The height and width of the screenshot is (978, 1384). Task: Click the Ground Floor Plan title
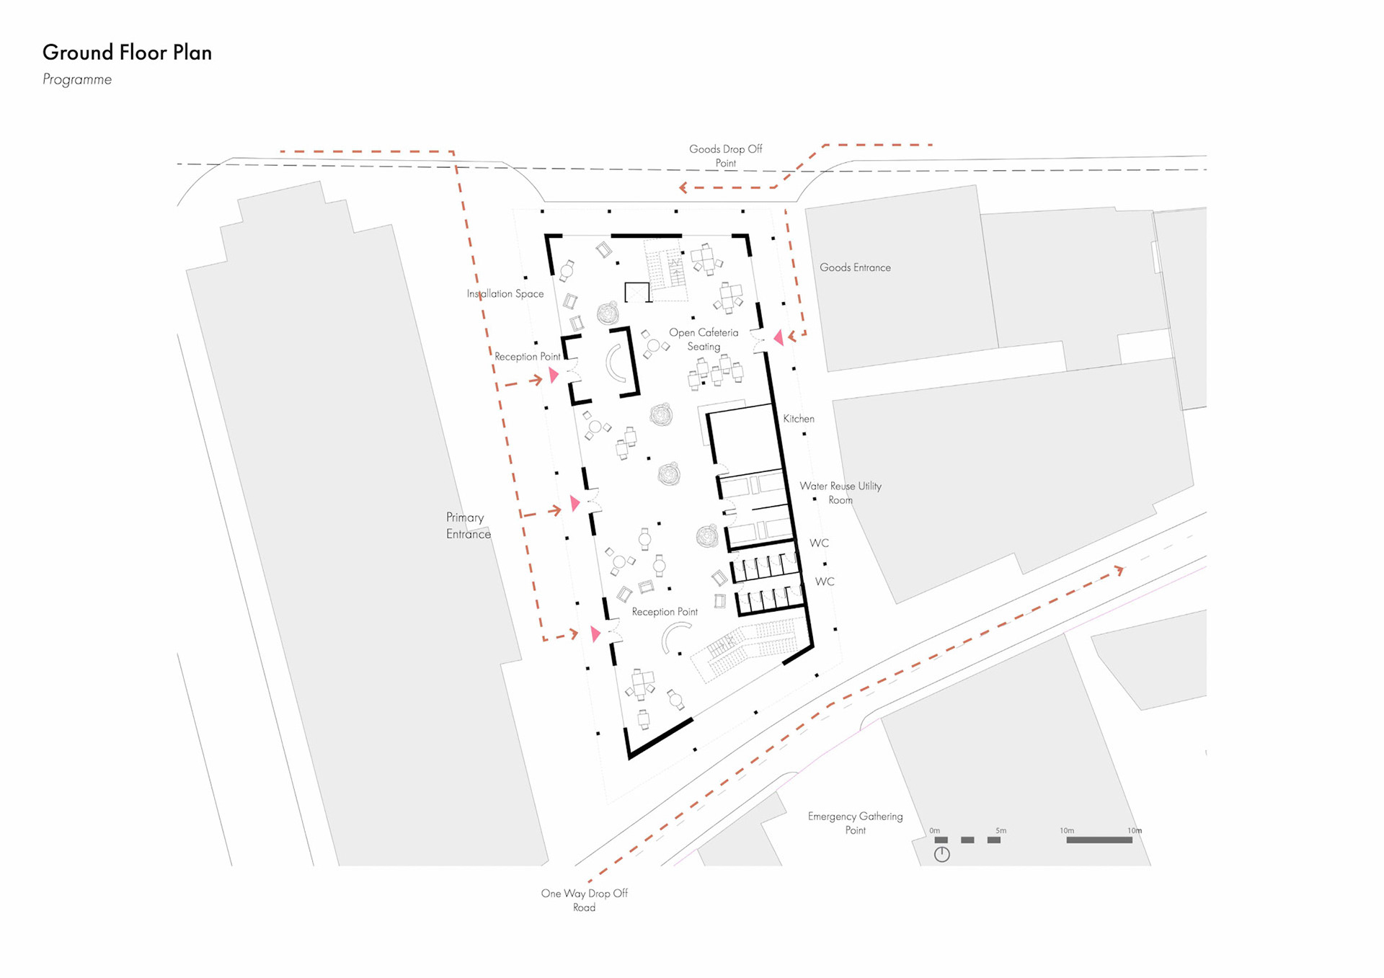pos(127,53)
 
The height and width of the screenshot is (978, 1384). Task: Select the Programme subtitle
pos(77,79)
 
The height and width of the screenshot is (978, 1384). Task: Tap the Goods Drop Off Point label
pos(725,156)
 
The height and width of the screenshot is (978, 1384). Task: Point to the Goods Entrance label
pos(855,267)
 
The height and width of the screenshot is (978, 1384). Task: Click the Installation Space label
pos(505,293)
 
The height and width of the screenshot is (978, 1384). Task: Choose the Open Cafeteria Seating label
pos(704,339)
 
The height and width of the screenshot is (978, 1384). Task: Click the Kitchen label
pos(799,419)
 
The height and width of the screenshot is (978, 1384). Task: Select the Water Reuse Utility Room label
pos(840,493)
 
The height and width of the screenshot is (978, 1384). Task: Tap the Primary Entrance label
pos(468,525)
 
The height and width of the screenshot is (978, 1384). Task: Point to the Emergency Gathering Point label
pos(855,823)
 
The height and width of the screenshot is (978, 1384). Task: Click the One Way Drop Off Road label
pos(584,900)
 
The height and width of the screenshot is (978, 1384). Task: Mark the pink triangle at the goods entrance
pos(778,337)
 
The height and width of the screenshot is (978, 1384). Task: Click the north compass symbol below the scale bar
pos(941,855)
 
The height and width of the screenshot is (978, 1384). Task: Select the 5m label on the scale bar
pos(1001,831)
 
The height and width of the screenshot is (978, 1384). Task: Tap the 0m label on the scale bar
pos(934,831)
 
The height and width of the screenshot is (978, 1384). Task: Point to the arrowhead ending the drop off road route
pos(1119,570)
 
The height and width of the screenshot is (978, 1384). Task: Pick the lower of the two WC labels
pos(825,582)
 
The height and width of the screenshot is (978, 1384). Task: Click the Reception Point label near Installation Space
pos(527,357)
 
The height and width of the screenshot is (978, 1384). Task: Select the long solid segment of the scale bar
pos(1099,840)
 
